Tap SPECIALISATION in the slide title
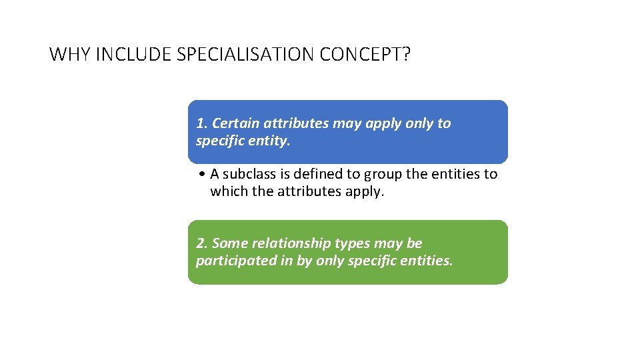click(x=246, y=54)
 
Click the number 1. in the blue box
click(x=202, y=123)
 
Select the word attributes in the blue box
click(x=293, y=123)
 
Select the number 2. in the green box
click(x=202, y=243)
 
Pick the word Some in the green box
click(x=228, y=243)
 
